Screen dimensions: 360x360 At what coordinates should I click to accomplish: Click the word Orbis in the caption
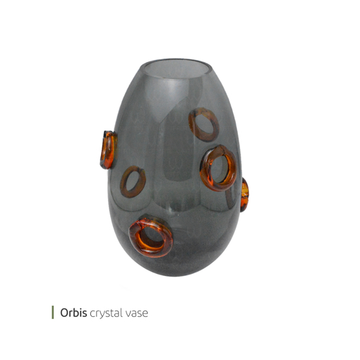point(73,313)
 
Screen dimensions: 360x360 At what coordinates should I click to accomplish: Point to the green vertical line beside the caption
point(53,313)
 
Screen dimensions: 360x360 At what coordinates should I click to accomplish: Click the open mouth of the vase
point(177,68)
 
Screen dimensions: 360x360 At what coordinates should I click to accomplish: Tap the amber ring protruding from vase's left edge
point(109,150)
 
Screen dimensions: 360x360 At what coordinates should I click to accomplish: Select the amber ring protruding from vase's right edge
point(245,195)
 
